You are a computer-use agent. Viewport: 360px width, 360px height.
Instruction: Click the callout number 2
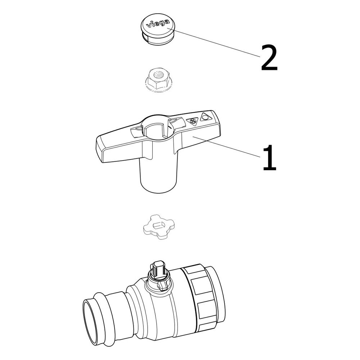[x=269, y=58]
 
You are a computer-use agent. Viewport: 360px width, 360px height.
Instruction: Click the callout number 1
[x=270, y=158]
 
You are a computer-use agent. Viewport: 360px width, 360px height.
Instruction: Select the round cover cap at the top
[x=158, y=30]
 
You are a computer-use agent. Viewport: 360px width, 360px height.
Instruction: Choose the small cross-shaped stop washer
[x=158, y=227]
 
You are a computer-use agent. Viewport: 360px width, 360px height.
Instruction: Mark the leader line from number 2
[x=214, y=42]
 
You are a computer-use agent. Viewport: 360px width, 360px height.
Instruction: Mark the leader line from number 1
[x=226, y=147]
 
